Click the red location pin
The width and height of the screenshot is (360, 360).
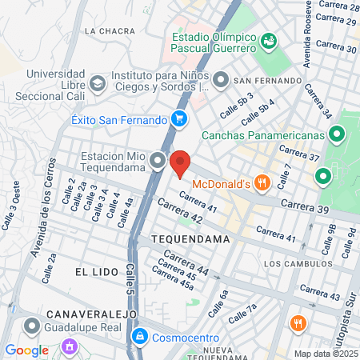coord(180,163)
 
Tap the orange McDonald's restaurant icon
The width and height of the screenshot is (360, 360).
coord(261,183)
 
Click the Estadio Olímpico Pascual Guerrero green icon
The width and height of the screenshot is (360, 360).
coord(268,39)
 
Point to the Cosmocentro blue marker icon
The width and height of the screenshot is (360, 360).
coord(141,336)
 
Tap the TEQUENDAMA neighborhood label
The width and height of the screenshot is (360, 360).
coord(190,239)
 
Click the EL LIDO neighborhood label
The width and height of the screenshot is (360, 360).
coord(91,272)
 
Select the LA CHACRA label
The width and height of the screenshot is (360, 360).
coord(107,31)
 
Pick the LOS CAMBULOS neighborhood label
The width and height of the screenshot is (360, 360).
coord(295,263)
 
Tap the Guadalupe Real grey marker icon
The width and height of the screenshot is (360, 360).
coord(33,326)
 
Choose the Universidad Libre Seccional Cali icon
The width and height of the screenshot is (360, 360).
coord(97,82)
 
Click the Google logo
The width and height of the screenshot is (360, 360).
coord(26,350)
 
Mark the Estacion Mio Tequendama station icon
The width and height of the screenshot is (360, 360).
coord(158,162)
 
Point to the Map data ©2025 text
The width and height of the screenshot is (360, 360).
coord(325,354)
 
